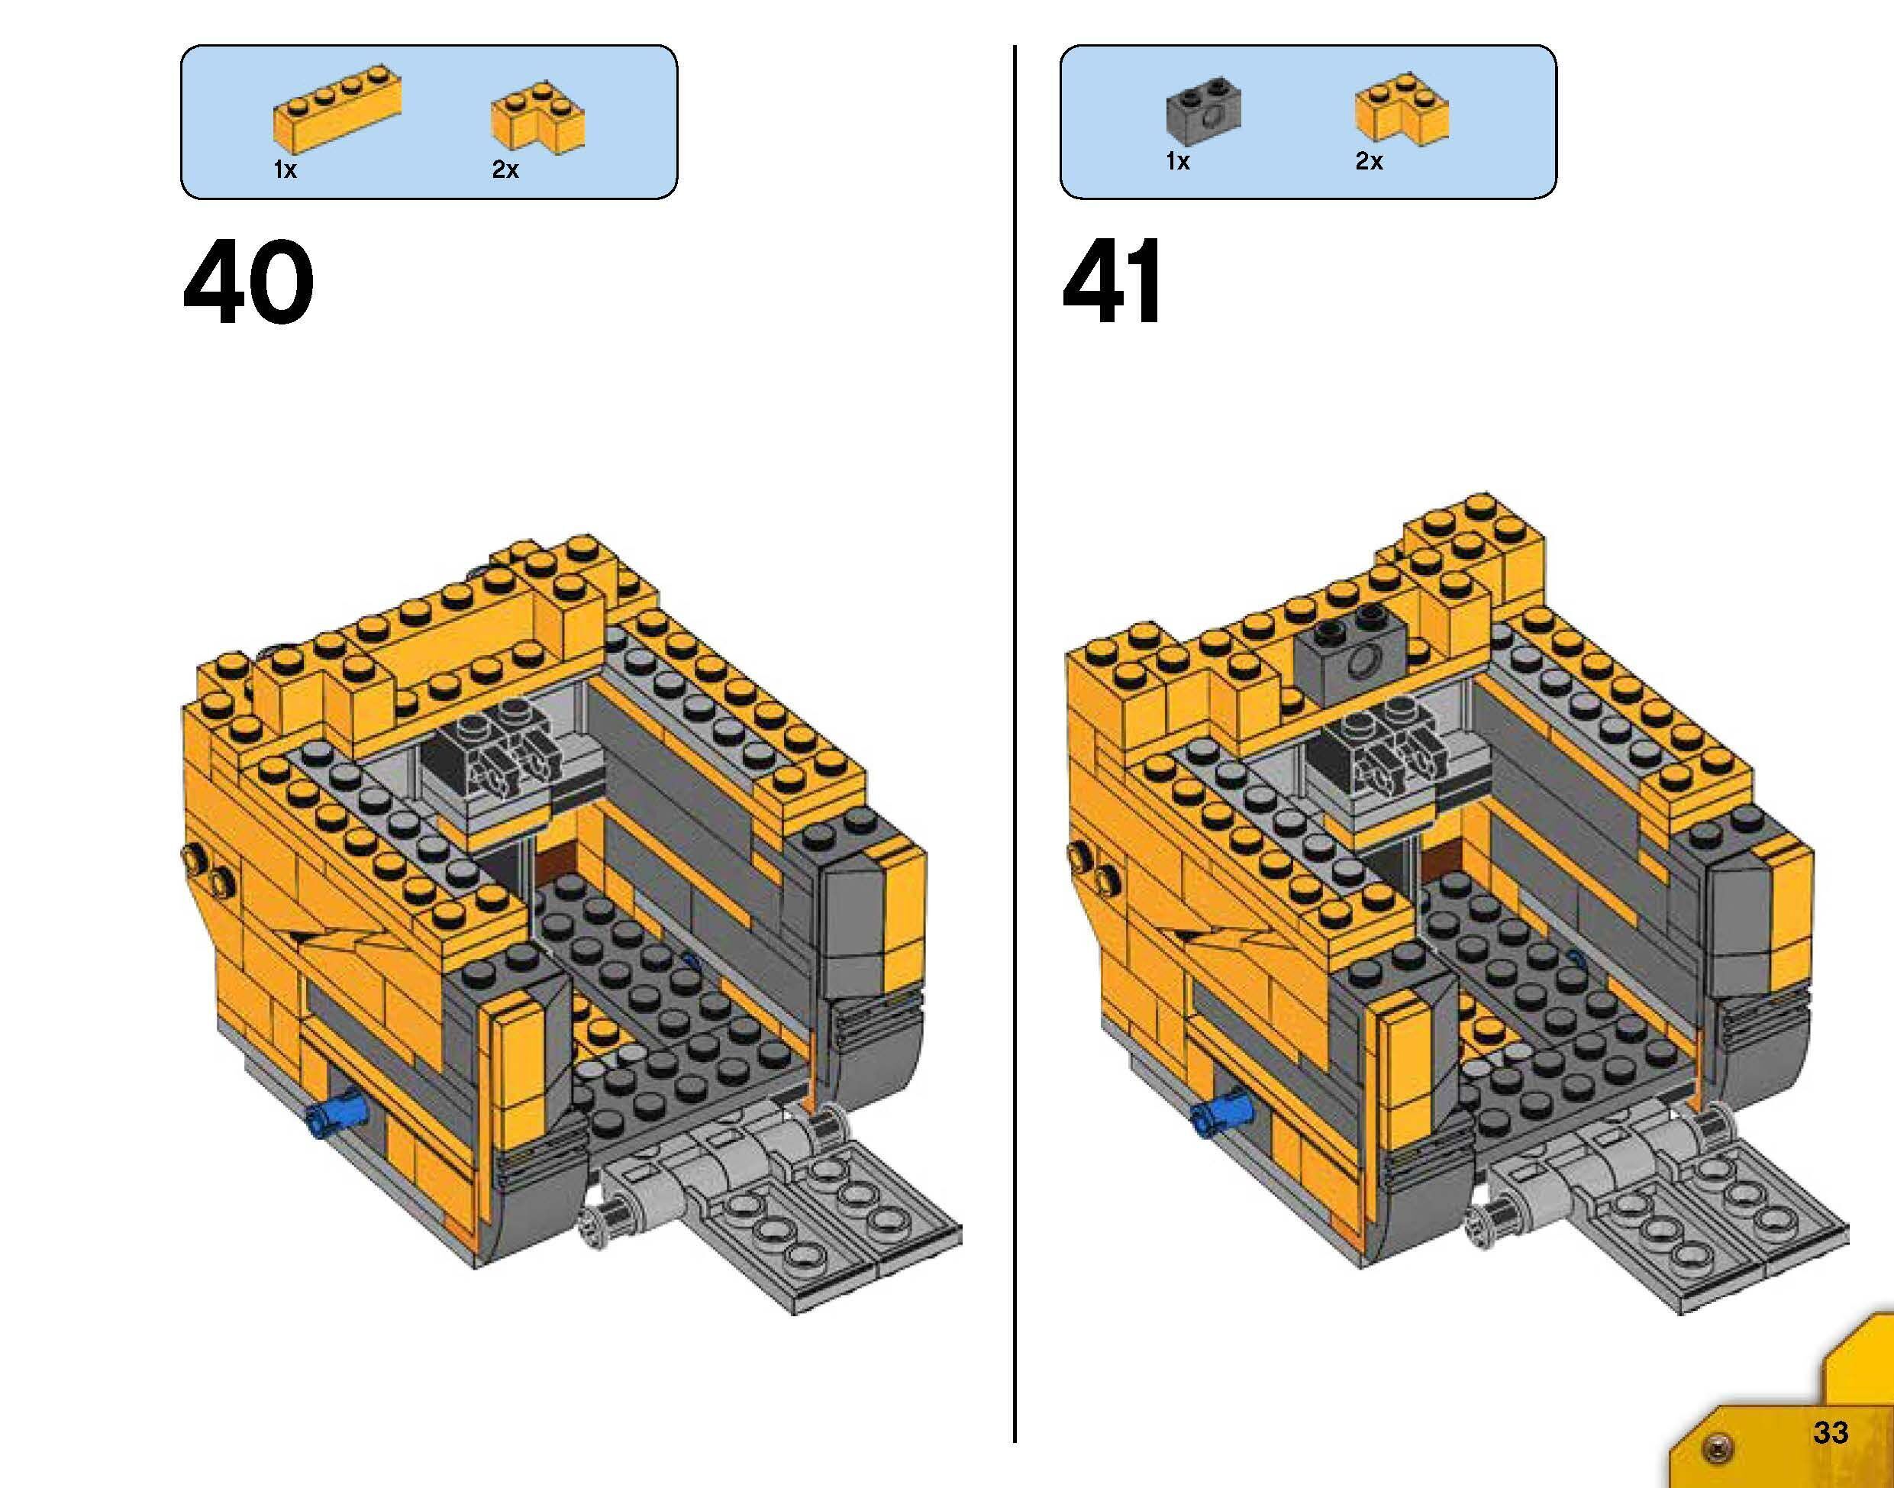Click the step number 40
(x=248, y=282)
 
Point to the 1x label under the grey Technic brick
(x=1178, y=161)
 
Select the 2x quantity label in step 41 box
(x=1369, y=161)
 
